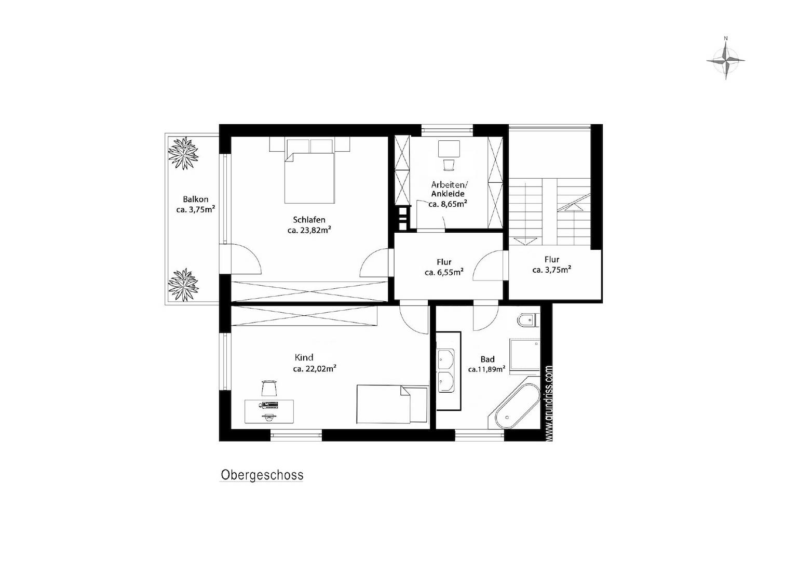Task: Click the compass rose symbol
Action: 725,61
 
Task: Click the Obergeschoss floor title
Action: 262,475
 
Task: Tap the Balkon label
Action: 196,199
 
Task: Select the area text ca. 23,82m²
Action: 309,230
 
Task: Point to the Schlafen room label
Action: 309,220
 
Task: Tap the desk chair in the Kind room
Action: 269,388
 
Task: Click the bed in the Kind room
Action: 392,404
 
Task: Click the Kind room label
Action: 304,357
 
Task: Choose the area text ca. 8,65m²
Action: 448,204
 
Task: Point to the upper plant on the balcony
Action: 183,153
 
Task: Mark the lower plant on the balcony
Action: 183,285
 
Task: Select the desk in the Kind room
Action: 269,411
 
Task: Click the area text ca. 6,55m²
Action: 444,272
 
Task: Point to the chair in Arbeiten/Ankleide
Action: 449,165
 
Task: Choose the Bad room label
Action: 487,359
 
